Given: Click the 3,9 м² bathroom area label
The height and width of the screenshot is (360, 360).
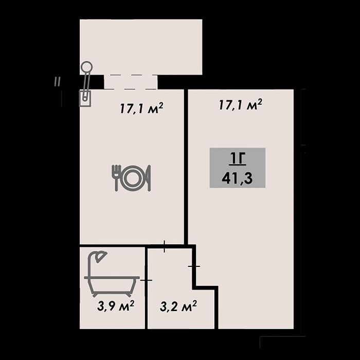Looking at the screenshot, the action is click(116, 306).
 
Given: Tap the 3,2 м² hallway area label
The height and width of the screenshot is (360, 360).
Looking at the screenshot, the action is click(178, 307).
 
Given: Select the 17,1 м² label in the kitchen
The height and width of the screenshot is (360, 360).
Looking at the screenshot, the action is click(141, 108).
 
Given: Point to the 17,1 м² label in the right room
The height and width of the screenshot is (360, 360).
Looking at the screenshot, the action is click(240, 105).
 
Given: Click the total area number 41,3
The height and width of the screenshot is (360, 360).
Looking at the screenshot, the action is click(237, 178).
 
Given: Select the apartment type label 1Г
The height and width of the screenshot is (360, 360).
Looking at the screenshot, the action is click(238, 159).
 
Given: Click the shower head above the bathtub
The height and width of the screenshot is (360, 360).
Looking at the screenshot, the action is click(101, 257).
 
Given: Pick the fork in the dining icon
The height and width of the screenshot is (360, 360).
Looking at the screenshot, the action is click(117, 178).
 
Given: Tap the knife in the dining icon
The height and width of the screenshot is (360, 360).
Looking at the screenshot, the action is click(148, 178).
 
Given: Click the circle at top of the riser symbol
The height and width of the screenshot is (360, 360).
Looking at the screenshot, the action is click(86, 66).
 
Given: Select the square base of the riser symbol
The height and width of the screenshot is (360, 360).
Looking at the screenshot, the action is click(85, 98).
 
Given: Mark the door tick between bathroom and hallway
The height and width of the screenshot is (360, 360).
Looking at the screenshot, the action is click(146, 280).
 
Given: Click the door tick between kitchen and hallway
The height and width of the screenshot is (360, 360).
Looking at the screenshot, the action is click(165, 246).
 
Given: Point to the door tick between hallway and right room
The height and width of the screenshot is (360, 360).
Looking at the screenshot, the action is click(194, 266).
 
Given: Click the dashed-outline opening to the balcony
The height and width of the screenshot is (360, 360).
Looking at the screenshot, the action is click(131, 82).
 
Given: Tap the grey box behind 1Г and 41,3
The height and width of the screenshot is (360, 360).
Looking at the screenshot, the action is click(238, 168).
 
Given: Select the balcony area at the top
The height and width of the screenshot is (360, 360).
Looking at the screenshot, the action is click(141, 47).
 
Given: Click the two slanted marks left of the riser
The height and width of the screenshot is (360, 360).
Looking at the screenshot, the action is click(58, 82).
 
